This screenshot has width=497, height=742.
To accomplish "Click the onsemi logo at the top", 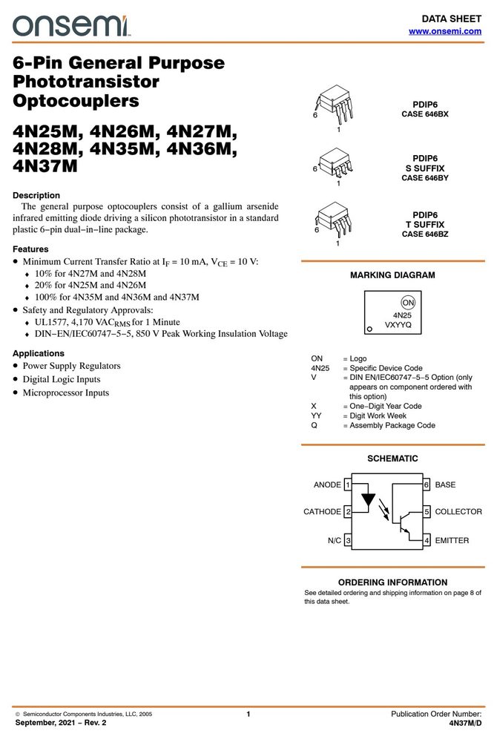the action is pos(70,25).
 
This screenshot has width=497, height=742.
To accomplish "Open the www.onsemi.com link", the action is pos(445,31).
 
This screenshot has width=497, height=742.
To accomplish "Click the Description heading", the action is pos(36,195).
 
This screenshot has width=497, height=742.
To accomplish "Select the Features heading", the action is pos(30,249).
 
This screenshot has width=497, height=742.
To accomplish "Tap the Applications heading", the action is pos(39,353).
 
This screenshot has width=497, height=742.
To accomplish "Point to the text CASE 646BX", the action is pos(425,114).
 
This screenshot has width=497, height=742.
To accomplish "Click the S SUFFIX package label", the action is pos(425,168).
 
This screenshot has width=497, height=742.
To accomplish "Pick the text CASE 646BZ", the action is pos(425,234).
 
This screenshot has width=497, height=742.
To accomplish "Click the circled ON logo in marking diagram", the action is pos(408,303).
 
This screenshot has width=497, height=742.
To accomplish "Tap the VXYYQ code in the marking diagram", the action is pos(398,325).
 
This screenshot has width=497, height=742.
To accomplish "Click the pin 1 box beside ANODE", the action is pos(348,485).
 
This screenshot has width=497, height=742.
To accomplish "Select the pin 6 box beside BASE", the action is pos(427,485).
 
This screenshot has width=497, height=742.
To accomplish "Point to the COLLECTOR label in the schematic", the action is pos(458,512).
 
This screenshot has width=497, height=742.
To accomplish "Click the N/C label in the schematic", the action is pos(335,540).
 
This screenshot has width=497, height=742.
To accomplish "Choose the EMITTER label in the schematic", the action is pos(452,540).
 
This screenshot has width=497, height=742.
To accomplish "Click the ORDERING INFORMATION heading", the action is pos(392,582).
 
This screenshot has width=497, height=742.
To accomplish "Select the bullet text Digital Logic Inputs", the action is pos(62,379).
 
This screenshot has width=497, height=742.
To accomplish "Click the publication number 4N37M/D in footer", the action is pos(466,723).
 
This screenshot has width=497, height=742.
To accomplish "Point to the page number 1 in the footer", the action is pos(249,714).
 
